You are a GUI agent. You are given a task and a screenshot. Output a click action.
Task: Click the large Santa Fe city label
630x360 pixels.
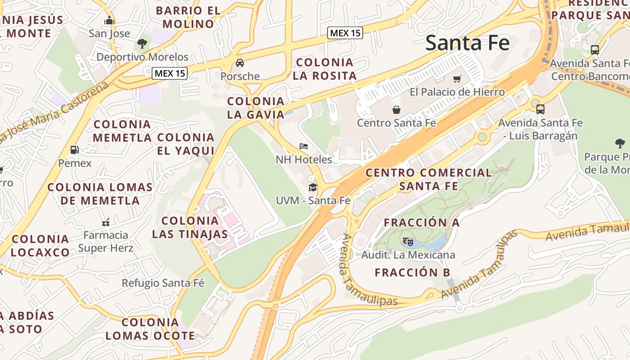pyautogui.click(x=467, y=43)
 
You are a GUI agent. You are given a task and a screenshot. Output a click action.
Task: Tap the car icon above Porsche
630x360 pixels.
pyautogui.click(x=240, y=63)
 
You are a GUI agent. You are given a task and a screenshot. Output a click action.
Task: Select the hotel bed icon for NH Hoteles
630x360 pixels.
pyautogui.click(x=304, y=146)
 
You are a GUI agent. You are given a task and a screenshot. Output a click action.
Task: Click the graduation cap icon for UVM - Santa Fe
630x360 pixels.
pyautogui.click(x=313, y=187)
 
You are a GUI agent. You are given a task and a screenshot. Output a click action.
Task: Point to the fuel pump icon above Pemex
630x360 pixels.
pyautogui.click(x=75, y=150)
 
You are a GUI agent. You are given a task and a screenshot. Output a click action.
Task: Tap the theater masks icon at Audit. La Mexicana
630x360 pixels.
pyautogui.click(x=408, y=242)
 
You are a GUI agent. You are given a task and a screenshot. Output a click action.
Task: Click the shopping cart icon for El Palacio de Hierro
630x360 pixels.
pyautogui.click(x=457, y=79)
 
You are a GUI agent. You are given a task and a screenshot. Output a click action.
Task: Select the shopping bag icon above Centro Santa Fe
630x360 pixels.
pyautogui.click(x=396, y=109)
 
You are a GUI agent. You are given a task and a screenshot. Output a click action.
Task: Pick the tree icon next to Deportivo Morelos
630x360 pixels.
pyautogui.click(x=142, y=44)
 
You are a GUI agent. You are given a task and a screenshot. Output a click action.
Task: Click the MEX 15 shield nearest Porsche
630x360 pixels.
pyautogui.click(x=170, y=73)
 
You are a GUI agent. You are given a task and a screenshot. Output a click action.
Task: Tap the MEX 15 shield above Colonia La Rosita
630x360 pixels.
pyautogui.click(x=345, y=33)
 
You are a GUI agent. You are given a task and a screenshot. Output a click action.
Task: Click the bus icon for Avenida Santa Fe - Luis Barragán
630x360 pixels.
pyautogui.click(x=540, y=109)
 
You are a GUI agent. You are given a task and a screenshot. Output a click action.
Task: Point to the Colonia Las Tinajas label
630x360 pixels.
pyautogui.click(x=190, y=227)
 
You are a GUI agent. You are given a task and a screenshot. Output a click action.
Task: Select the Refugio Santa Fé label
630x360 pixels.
pyautogui.click(x=163, y=283)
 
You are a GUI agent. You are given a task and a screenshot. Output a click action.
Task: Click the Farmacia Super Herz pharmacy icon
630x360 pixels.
pyautogui.click(x=106, y=222)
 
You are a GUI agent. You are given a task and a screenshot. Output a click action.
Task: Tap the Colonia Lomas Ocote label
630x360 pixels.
pyautogui.click(x=150, y=329)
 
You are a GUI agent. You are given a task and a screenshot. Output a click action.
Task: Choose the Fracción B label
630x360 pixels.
pyautogui.click(x=412, y=273)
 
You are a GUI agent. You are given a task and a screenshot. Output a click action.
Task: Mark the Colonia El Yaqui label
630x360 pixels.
pyautogui.click(x=186, y=144)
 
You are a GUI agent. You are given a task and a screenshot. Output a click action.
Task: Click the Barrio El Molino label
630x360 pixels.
pyautogui.click(x=188, y=17)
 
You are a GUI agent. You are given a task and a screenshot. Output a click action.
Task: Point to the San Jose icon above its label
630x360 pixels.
pyautogui.click(x=109, y=21)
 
